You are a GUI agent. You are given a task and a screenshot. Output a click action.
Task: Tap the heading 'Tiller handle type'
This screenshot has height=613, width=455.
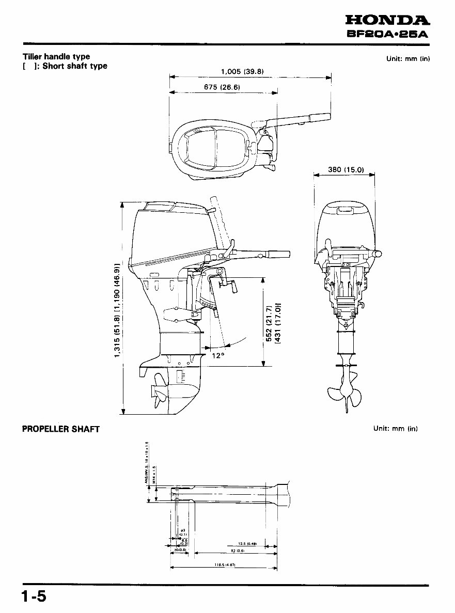pyautogui.click(x=56, y=57)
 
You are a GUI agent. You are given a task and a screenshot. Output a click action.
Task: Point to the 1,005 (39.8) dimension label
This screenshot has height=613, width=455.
pyautogui.click(x=242, y=72)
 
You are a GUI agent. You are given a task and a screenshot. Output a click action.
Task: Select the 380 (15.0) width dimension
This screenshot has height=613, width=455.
pyautogui.click(x=346, y=169)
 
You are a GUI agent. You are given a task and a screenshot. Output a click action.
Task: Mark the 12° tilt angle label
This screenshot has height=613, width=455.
pyautogui.click(x=218, y=355)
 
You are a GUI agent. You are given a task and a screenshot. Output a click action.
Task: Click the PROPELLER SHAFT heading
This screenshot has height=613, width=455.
pyautogui.click(x=60, y=429)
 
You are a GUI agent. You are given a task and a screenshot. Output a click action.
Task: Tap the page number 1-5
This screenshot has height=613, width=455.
pyautogui.click(x=34, y=597)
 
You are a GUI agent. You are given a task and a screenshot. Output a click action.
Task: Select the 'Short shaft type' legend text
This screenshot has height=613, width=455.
pyautogui.click(x=74, y=66)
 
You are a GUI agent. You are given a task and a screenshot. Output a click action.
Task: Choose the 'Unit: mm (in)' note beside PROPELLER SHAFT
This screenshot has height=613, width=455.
pyautogui.click(x=395, y=429)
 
